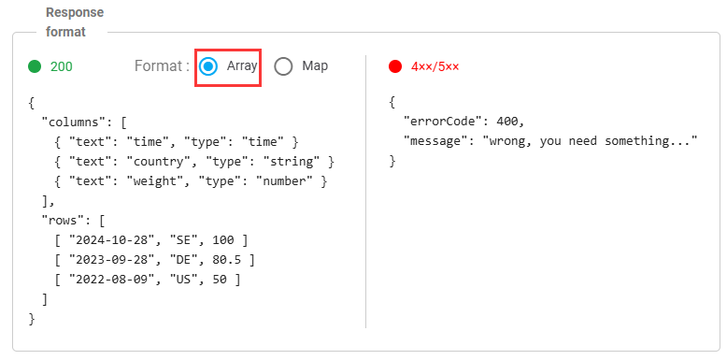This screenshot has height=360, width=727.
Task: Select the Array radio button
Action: pos(208,66)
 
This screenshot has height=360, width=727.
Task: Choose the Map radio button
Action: pos(283,66)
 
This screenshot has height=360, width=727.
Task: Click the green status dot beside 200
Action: pos(35,66)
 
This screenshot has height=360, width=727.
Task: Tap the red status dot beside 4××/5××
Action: pos(395,66)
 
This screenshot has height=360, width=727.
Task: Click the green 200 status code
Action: pos(62,66)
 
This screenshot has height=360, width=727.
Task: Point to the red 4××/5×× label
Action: pos(435,66)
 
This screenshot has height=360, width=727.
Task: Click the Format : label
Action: pos(162,66)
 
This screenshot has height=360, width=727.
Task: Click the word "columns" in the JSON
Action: pos(70,122)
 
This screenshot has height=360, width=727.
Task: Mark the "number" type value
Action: pos(284,181)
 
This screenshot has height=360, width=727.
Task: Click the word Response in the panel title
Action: pos(75,12)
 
